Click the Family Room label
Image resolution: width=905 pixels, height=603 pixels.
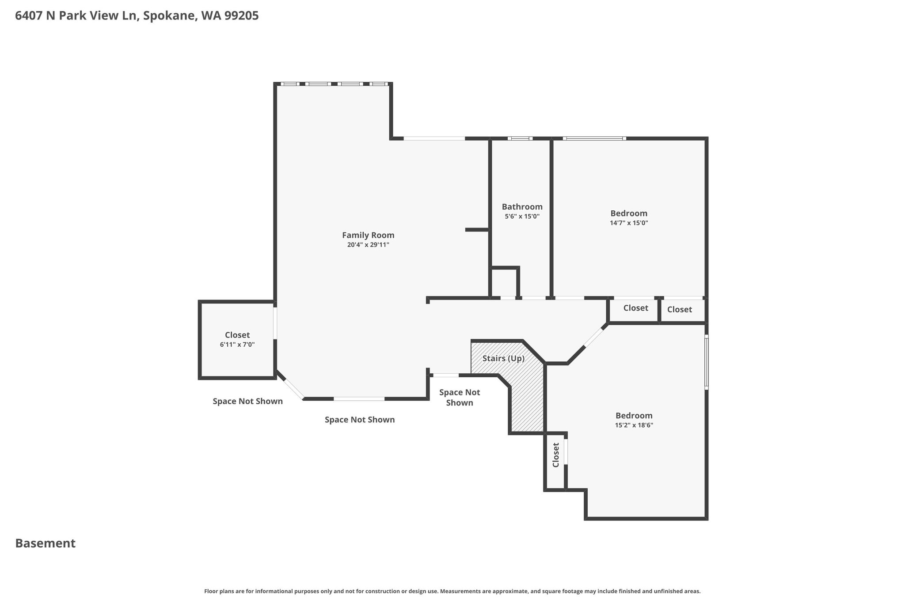pyautogui.click(x=368, y=235)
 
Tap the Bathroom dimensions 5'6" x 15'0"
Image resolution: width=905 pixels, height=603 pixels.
pyautogui.click(x=522, y=216)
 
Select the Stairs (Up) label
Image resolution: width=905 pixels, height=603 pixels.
pyautogui.click(x=503, y=358)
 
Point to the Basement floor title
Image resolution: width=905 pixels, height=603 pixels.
pyautogui.click(x=46, y=543)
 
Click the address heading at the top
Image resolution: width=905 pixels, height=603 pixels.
pyautogui.click(x=137, y=16)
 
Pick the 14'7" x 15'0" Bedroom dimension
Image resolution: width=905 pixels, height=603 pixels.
pyautogui.click(x=629, y=223)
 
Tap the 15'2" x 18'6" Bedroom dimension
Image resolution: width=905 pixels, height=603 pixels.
pyautogui.click(x=634, y=425)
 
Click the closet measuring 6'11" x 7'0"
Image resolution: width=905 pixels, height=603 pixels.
pyautogui.click(x=237, y=339)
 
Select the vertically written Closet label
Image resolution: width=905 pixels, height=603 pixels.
pyautogui.click(x=556, y=455)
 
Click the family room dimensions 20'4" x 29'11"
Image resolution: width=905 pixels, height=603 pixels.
pyautogui.click(x=368, y=245)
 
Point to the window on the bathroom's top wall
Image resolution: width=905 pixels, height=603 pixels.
pyautogui.click(x=520, y=138)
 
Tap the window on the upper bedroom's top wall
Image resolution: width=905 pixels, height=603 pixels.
pyautogui.click(x=594, y=138)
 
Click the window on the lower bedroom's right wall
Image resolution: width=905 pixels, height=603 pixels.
pyautogui.click(x=706, y=362)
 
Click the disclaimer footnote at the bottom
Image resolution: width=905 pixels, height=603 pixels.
pyautogui.click(x=452, y=591)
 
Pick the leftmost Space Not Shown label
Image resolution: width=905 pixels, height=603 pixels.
pyautogui.click(x=247, y=401)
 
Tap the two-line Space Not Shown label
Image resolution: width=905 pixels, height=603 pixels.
pyautogui.click(x=460, y=398)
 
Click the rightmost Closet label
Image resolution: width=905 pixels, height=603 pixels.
pyautogui.click(x=680, y=310)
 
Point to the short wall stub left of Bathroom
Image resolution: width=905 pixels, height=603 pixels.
pyautogui.click(x=477, y=230)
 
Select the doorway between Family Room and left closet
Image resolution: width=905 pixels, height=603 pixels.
pyautogui.click(x=275, y=323)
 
